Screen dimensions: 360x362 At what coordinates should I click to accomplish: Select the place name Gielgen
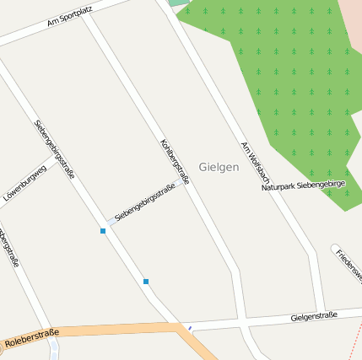(219, 167)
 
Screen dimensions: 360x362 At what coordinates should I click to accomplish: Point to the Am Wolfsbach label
(254, 163)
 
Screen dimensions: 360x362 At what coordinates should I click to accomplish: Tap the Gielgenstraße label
(313, 316)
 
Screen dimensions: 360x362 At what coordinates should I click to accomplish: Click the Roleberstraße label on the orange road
(32, 340)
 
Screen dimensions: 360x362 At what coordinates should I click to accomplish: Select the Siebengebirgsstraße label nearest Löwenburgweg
(55, 149)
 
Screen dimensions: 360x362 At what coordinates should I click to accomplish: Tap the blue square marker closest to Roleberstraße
(146, 282)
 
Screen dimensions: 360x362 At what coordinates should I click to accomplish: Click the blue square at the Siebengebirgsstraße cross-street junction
(103, 230)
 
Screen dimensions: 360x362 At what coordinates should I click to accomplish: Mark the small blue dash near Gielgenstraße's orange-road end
(190, 328)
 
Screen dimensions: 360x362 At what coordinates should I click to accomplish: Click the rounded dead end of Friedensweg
(336, 250)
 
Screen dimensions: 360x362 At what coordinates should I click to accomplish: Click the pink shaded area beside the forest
(352, 25)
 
